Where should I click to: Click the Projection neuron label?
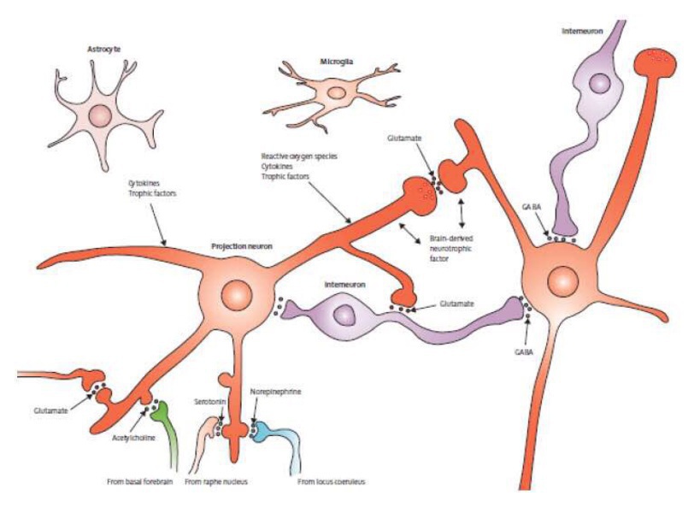243,246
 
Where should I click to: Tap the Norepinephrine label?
275,392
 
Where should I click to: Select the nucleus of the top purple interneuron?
599,84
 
